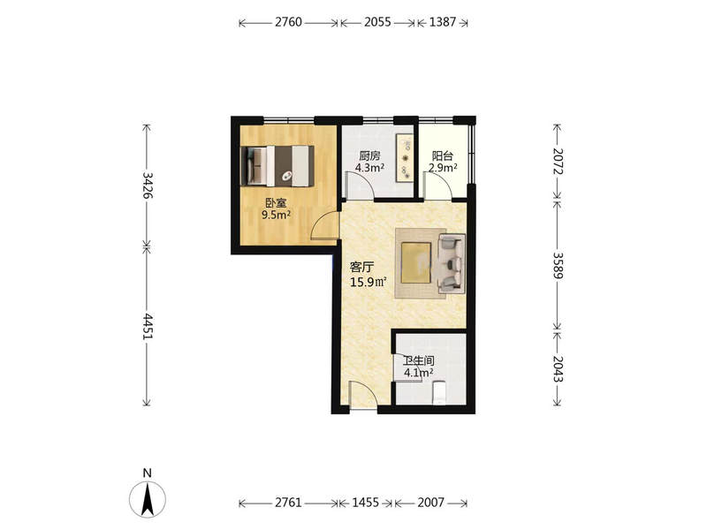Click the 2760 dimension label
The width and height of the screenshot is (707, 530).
288,22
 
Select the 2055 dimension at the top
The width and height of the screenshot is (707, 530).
377,22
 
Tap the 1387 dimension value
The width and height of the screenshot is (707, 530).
443,22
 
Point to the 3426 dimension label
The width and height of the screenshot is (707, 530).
147,185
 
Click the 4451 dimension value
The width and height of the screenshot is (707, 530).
147,326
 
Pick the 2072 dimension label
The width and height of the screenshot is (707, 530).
559,162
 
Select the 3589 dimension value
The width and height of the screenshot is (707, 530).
559,266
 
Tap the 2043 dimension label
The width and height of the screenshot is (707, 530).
559,369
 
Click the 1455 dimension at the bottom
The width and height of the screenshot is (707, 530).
365,503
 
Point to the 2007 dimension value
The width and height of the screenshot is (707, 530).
430,503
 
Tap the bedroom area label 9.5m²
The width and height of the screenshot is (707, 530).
276,215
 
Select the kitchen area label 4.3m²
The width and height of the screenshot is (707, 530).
369,168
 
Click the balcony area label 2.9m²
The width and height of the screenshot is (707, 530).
443,168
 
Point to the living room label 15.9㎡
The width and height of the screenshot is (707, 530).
369,282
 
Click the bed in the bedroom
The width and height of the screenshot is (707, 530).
277,165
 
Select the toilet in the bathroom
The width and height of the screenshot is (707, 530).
438,392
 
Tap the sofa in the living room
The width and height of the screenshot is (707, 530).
452,263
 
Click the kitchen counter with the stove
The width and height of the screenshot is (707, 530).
405,158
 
